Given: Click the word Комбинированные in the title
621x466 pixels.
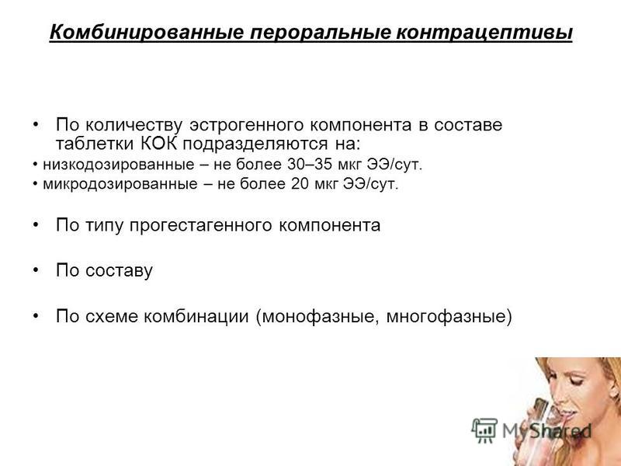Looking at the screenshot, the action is (147, 32).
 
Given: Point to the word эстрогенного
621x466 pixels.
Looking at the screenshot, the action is (246, 126).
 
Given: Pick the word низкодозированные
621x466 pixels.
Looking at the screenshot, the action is (119, 165).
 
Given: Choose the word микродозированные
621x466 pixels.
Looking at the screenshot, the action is (120, 184).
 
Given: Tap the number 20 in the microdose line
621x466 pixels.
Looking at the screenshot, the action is (300, 183).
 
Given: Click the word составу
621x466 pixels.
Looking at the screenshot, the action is (119, 271).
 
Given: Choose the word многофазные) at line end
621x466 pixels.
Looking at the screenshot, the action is (449, 317).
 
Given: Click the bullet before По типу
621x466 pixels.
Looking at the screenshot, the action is (36, 224).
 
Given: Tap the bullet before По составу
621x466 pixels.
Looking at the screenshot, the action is (36, 270).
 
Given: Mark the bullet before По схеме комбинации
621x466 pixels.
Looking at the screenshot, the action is (36, 315).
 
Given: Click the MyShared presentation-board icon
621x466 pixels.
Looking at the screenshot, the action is (484, 430).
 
